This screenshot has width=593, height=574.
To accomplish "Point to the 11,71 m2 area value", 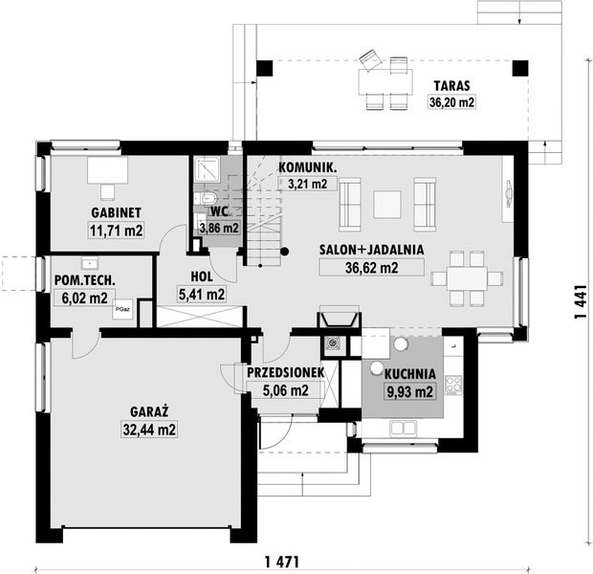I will (117, 231).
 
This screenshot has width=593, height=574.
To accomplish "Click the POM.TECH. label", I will (85, 279).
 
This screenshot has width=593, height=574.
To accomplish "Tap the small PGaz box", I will (122, 310).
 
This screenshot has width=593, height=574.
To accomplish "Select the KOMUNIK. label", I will (307, 166).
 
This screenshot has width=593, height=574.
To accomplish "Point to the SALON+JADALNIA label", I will (371, 251).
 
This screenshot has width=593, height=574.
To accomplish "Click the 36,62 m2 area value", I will (371, 269).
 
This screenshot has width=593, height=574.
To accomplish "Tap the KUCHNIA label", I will (410, 374).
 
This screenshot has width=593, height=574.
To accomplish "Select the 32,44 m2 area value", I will (147, 430).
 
